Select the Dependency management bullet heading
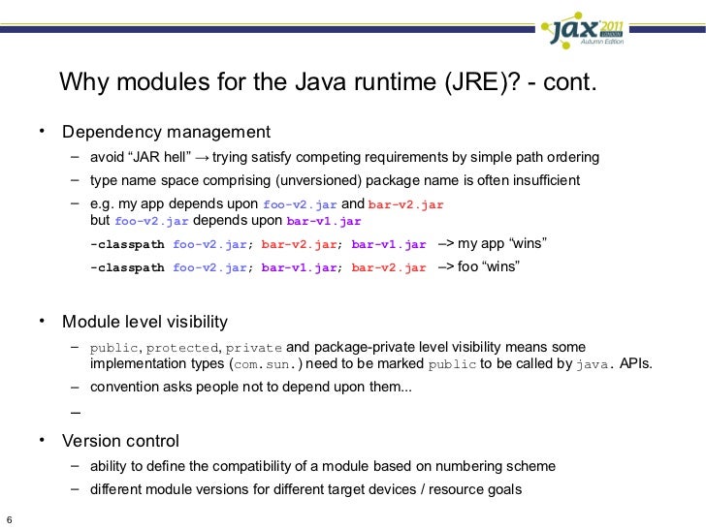pos(167,132)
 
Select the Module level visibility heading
pos(145,322)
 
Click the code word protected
pos(182,347)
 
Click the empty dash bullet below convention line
pos(75,414)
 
